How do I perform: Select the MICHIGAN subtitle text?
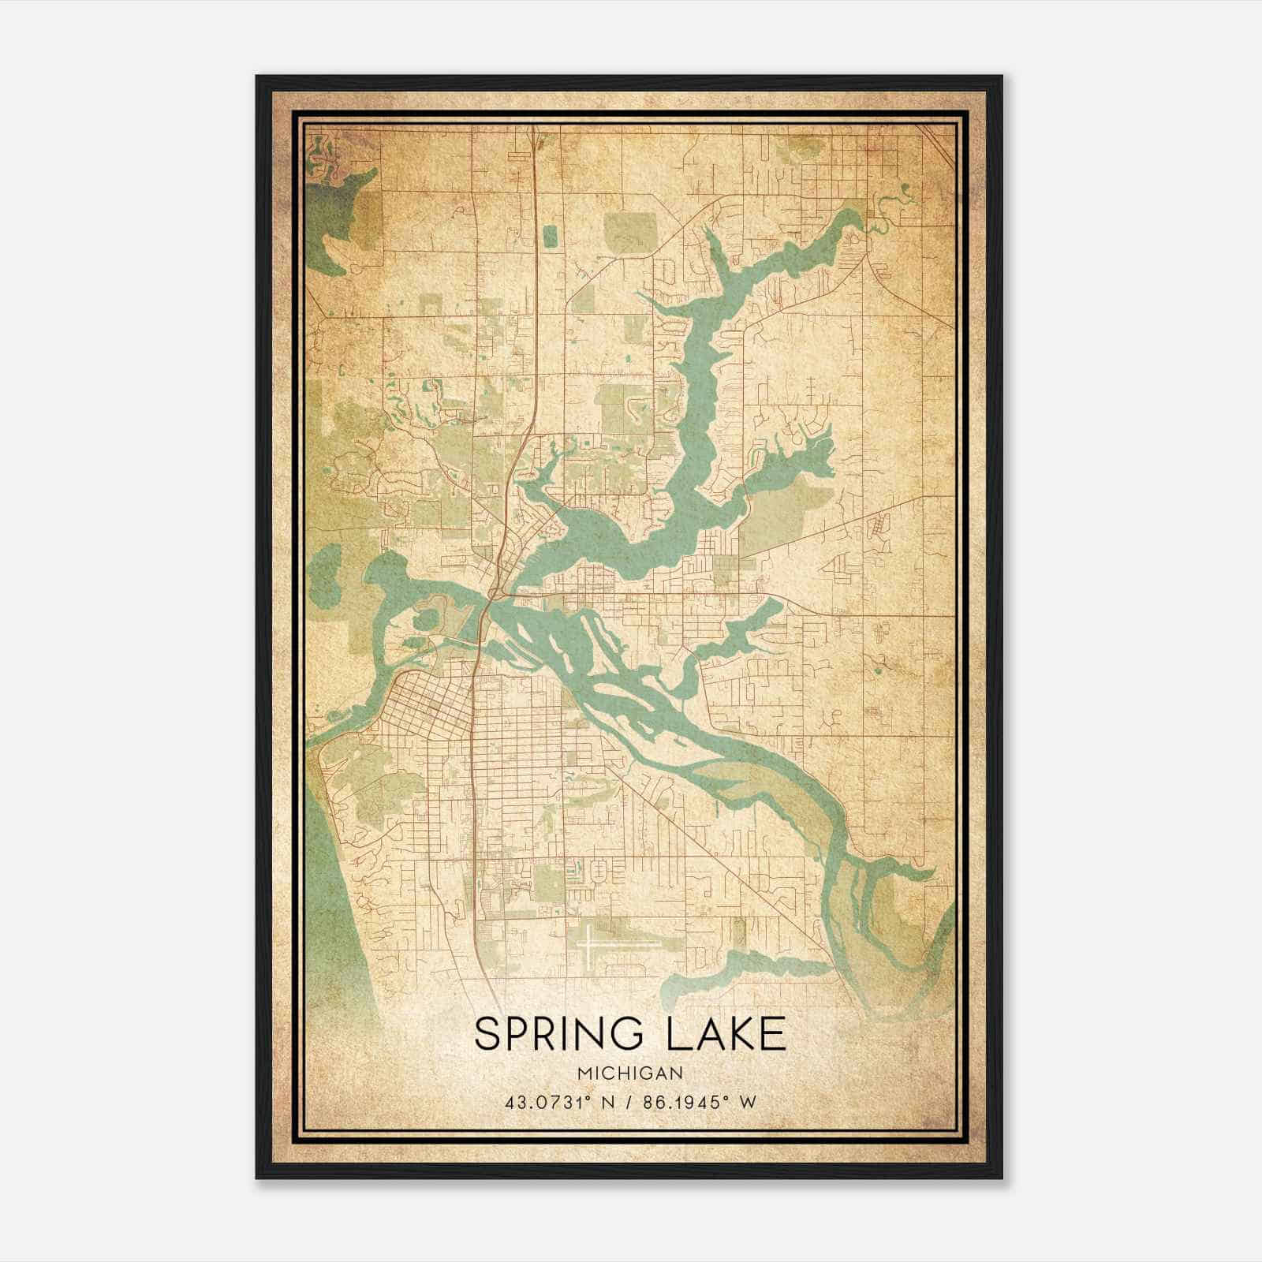coord(629,1073)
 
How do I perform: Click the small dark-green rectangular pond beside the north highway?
coord(550,234)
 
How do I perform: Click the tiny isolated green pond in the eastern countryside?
coord(878,670)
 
